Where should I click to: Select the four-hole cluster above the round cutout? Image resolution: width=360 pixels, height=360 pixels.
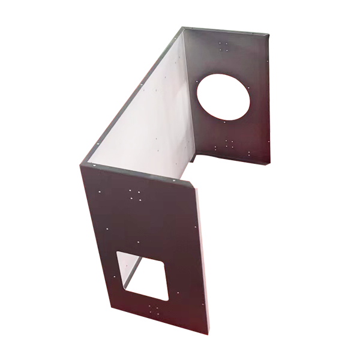[x=224, y=46]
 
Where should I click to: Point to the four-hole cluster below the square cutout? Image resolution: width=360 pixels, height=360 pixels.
[x=153, y=310]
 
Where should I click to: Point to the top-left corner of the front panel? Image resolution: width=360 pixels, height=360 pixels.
[x=82, y=164]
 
